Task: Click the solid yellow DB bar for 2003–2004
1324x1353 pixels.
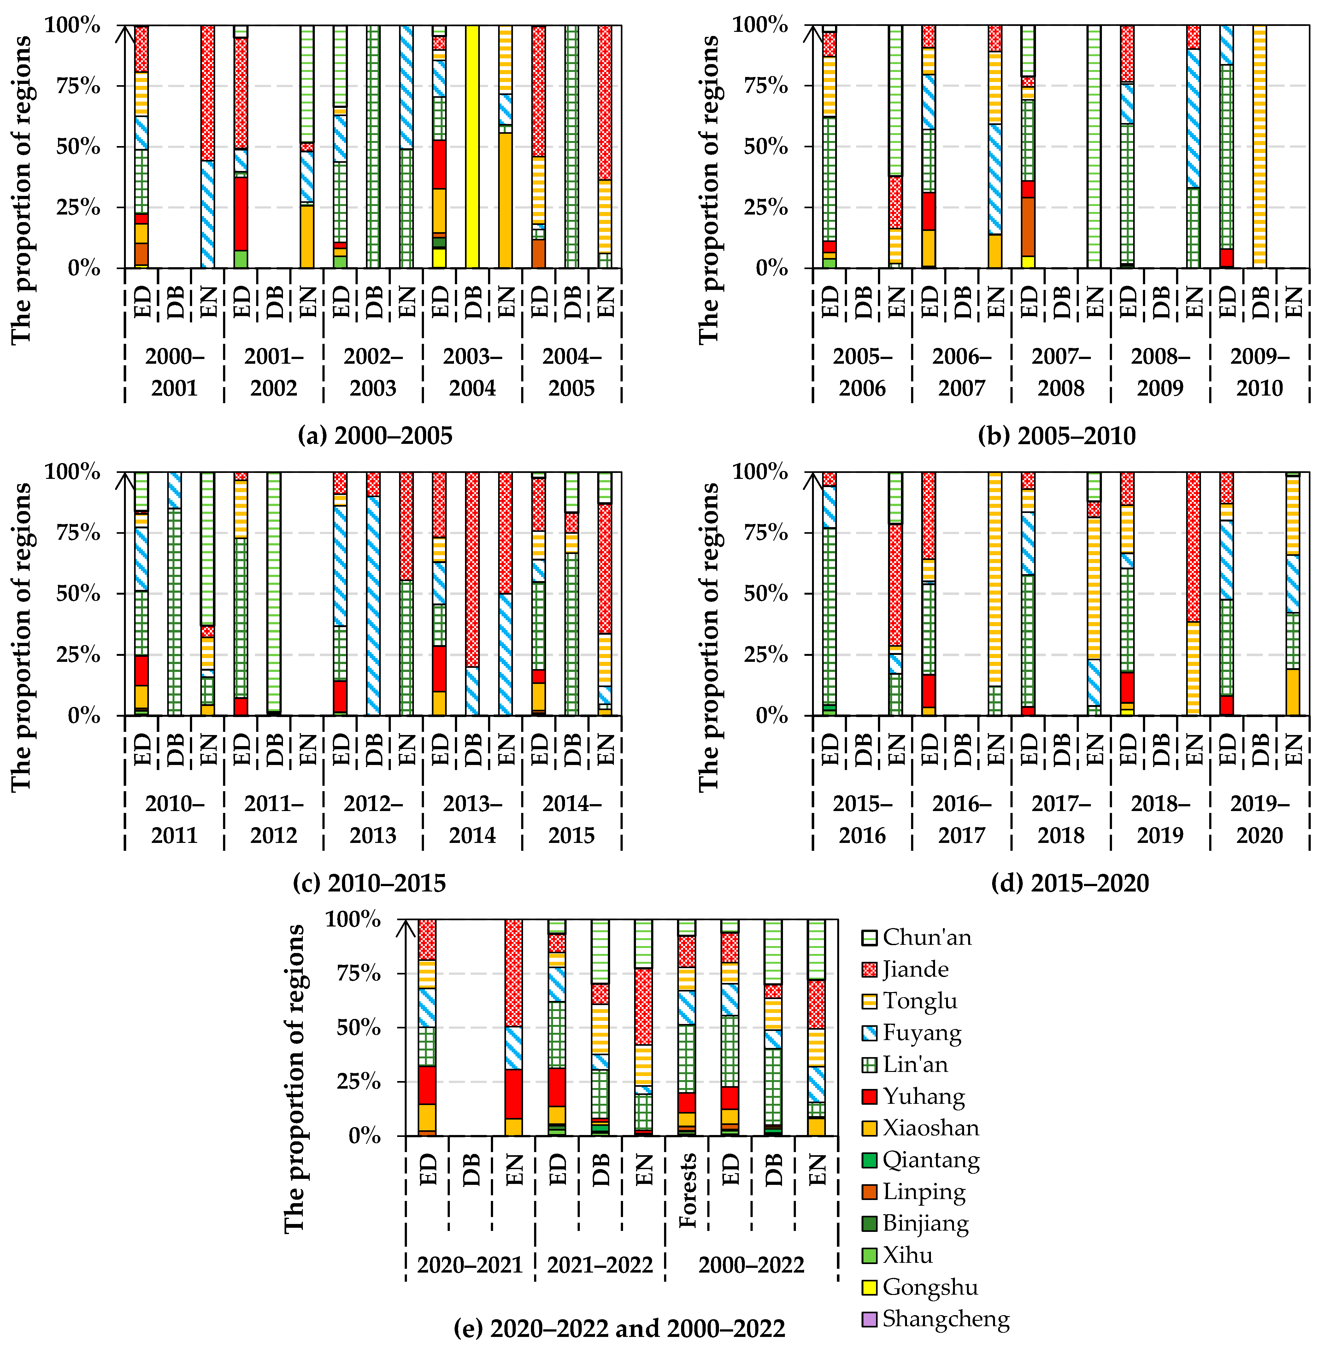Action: coord(473,146)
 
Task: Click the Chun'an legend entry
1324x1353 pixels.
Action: coord(926,937)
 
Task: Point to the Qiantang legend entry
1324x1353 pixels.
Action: coord(930,1160)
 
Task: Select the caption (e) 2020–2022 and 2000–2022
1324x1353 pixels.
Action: coord(619,1329)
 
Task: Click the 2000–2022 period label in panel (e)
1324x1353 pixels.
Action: coord(751,1265)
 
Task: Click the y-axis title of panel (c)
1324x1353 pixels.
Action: coord(22,636)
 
